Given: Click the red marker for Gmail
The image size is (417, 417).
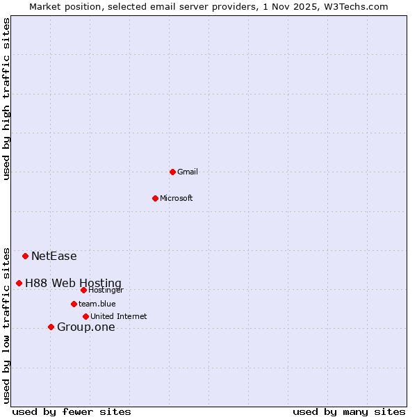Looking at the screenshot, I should (x=172, y=172).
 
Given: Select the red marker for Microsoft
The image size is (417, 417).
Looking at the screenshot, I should (x=155, y=198).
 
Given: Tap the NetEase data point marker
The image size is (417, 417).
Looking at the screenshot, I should (x=25, y=256).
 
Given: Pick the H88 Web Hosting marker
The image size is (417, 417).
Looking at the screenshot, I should (x=19, y=283).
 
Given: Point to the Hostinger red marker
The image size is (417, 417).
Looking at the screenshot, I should (x=83, y=290).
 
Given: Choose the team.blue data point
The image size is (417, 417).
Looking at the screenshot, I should (x=74, y=304).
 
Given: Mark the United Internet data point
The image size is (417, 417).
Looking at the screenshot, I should (x=85, y=316).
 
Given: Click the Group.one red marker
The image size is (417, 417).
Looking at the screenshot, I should (x=51, y=327).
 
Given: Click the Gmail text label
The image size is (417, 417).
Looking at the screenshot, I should (x=188, y=172).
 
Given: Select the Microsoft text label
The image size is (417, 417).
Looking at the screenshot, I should (x=177, y=198).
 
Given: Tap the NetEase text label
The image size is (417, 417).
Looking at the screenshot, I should (x=54, y=256).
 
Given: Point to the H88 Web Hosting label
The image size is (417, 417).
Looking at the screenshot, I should (x=73, y=283).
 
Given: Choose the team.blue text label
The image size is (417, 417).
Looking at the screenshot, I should (x=97, y=304).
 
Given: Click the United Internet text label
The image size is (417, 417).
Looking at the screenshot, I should (x=119, y=316).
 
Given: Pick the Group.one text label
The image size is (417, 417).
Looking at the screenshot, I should (x=86, y=327).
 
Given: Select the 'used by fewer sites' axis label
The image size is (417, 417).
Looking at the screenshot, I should (x=72, y=411).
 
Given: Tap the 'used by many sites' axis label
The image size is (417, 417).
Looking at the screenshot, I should (x=349, y=411).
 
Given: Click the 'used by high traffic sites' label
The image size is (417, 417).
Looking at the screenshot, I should (x=6, y=99).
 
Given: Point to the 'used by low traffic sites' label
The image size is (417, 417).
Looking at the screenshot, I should (x=6, y=325).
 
